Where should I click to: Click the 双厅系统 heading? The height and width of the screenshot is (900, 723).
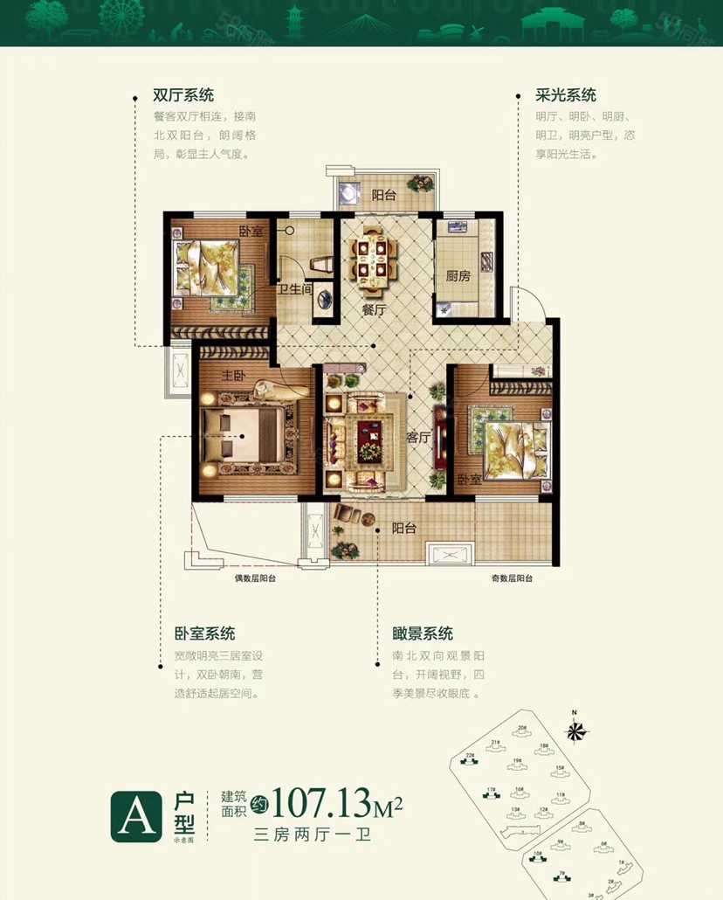183,95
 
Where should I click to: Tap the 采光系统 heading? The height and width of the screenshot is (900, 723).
566,95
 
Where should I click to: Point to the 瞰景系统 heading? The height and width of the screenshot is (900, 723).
423,633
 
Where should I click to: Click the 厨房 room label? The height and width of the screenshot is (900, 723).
458,276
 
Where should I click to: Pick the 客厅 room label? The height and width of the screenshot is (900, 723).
420,437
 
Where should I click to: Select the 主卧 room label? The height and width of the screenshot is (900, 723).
231,377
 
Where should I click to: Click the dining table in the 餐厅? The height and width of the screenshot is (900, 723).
374,257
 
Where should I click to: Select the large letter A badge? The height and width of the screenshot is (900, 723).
135,816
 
